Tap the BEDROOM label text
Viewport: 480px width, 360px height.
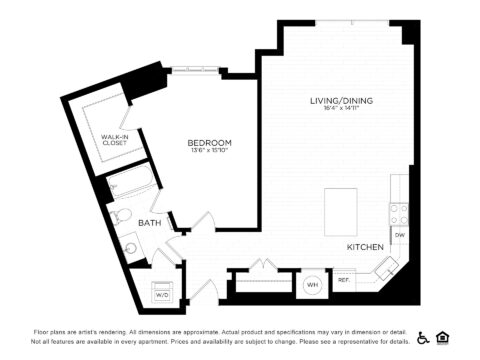click(x=210, y=143)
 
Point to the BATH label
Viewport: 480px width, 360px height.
click(x=150, y=222)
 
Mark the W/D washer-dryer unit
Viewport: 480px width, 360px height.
click(x=162, y=292)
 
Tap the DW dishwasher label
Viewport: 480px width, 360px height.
click(x=399, y=235)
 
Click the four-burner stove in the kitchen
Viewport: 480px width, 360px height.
click(x=399, y=213)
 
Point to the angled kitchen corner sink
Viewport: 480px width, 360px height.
click(x=384, y=268)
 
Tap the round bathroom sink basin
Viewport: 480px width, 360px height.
click(x=130, y=247)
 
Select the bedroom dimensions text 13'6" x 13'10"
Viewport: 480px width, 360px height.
click(x=210, y=152)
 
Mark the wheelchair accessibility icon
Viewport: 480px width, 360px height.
click(x=423, y=337)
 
